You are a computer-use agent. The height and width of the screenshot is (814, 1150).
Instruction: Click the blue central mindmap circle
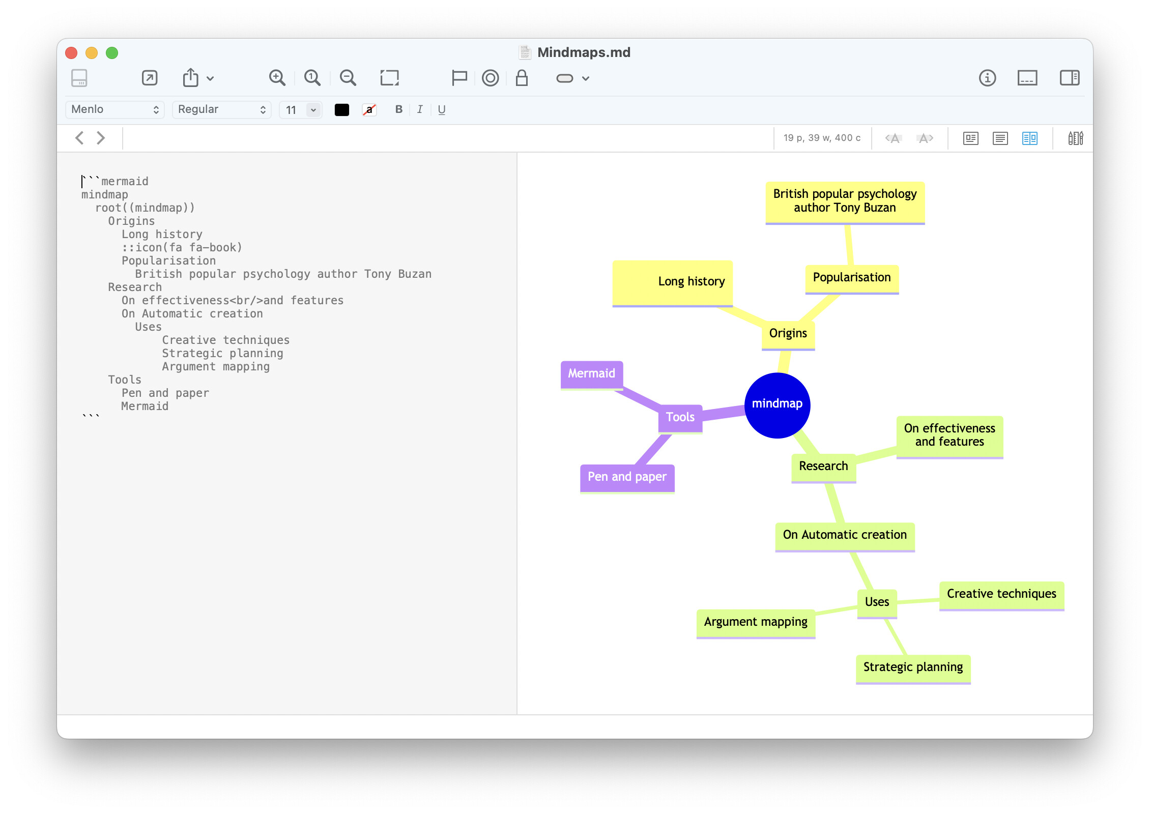point(777,405)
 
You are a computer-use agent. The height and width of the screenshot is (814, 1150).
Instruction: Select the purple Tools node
point(680,417)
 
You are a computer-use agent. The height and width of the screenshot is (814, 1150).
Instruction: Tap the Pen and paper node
point(627,477)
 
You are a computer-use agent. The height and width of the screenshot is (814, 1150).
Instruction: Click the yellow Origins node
point(788,334)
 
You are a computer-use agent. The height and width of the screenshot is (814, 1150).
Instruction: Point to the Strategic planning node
point(913,667)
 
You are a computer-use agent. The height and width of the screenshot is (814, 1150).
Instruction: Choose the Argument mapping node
point(756,622)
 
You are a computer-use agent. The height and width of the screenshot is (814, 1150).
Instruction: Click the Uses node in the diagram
point(877,602)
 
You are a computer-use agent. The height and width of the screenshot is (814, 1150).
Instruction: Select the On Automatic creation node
point(845,535)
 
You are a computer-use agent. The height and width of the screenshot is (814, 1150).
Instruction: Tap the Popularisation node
point(852,278)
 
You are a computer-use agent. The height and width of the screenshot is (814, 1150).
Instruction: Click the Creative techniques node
point(1001,594)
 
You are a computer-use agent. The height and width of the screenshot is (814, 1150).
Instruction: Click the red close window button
point(71,53)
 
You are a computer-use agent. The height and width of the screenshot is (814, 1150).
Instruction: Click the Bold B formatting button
point(399,109)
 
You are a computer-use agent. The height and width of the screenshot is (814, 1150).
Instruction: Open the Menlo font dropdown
point(115,109)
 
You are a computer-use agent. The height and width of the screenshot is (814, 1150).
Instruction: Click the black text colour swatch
point(342,109)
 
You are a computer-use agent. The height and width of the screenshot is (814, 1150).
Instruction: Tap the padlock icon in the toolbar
point(522,78)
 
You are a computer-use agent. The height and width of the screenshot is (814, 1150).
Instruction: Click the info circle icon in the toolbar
point(987,78)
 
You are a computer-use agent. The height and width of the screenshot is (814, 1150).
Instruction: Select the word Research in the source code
point(135,287)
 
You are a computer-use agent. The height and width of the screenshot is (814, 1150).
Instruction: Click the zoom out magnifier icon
point(348,78)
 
